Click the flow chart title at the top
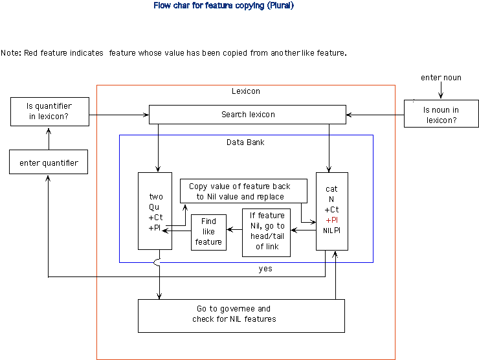223,6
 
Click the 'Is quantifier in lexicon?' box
49,111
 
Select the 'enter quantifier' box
49,163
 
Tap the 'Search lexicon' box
247,115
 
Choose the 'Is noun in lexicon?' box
441,113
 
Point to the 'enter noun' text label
441,78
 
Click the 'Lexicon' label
245,91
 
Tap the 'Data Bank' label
245,142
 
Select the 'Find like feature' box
208,232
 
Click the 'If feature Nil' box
267,231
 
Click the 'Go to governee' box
241,314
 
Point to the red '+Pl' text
332,220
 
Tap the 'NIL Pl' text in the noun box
332,230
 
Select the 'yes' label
265,269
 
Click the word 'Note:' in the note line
11,53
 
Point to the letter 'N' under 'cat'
331,199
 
